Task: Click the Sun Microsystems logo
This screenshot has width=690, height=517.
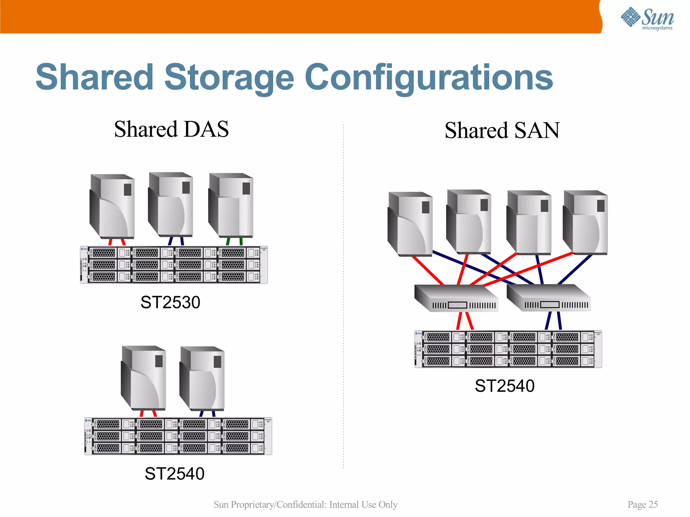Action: click(647, 19)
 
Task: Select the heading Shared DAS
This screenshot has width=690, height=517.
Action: click(171, 129)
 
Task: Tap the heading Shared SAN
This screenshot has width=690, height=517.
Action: click(502, 131)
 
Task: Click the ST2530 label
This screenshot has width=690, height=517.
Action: click(170, 302)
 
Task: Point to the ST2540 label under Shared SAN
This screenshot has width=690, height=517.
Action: click(504, 386)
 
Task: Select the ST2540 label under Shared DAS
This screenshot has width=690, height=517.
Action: click(174, 474)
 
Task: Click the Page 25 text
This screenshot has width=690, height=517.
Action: click(642, 504)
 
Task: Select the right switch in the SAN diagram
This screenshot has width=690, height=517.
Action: click(548, 298)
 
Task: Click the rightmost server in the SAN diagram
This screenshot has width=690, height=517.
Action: click(586, 222)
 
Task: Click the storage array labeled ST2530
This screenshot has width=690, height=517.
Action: click(174, 265)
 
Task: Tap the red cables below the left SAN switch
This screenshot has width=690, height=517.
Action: click(465, 321)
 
